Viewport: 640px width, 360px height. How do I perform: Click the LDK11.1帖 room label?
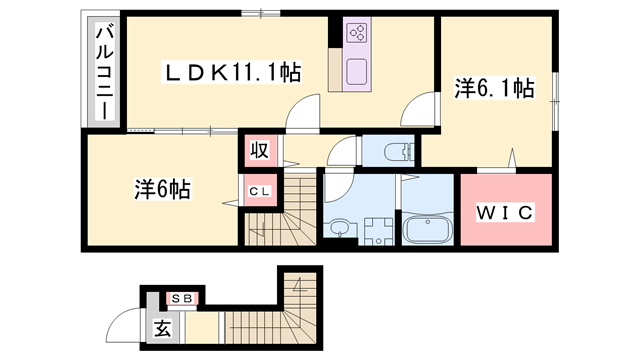click(233, 72)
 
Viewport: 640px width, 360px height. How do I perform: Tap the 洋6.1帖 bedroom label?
click(493, 90)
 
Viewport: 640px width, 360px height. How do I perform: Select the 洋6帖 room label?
click(163, 187)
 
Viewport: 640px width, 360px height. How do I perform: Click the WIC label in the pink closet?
click(505, 212)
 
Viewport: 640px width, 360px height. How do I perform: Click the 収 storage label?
click(259, 152)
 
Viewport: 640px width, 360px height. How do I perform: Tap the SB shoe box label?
click(182, 297)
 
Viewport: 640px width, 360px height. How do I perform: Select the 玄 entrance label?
click(160, 327)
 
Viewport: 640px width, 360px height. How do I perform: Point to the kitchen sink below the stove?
click(357, 73)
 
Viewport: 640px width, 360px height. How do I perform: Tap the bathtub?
click(427, 229)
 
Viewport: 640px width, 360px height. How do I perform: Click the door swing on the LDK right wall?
click(424, 108)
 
